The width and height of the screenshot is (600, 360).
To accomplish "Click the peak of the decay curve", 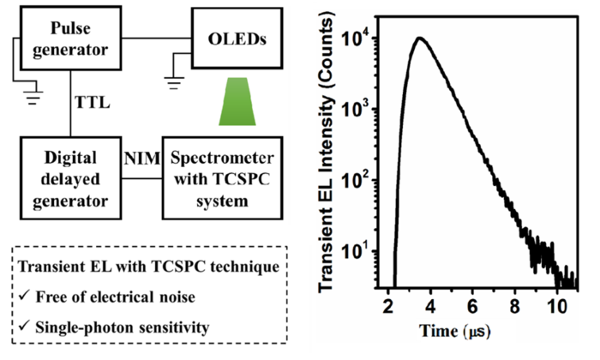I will [x=418, y=39].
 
